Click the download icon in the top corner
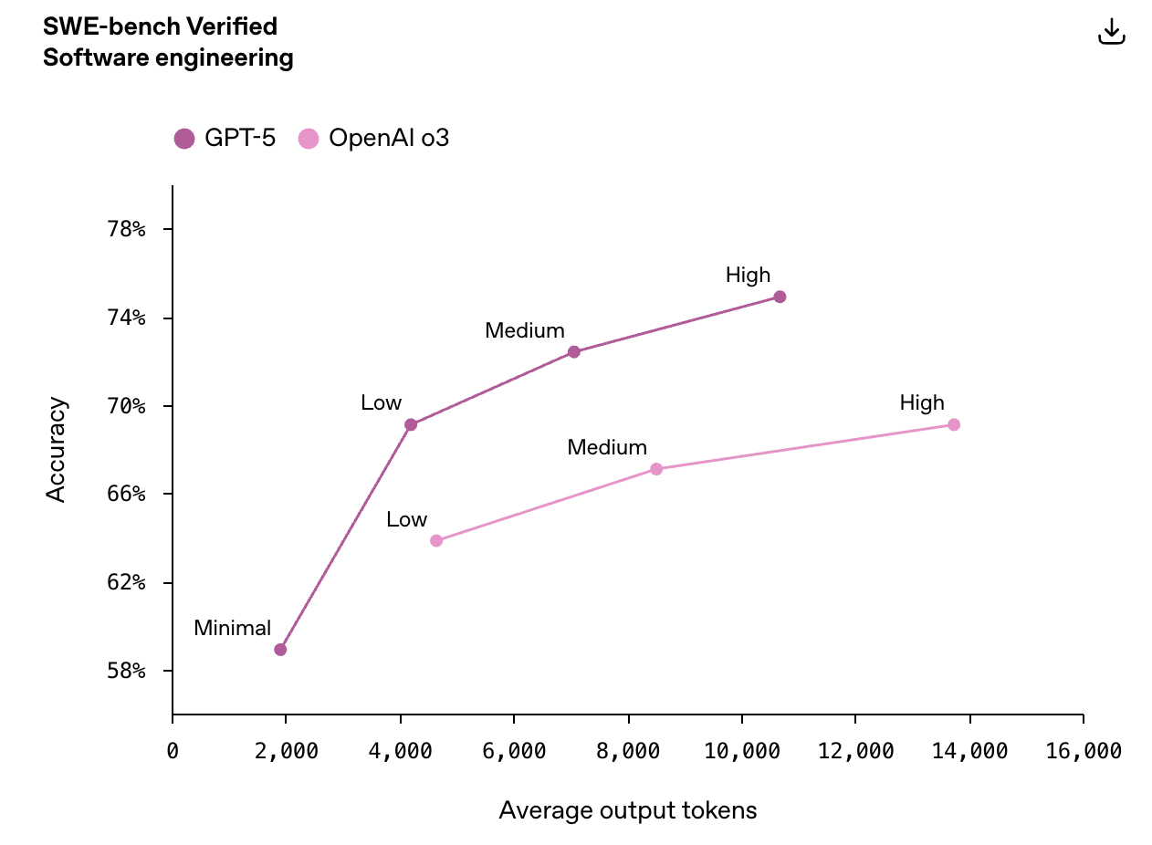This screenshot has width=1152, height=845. coord(1111,32)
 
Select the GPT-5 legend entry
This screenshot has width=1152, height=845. coord(225,139)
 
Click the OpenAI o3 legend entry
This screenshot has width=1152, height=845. coord(374,139)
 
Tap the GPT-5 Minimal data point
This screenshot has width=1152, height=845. coord(280,650)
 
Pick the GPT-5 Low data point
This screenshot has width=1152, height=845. coord(411,424)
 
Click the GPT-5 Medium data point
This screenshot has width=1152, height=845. coord(573,352)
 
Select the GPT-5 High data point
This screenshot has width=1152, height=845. coord(780,297)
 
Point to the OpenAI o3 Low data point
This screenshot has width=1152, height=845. coord(436,540)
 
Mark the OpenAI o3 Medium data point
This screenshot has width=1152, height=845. coord(656,469)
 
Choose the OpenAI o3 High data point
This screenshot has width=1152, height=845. coord(954,424)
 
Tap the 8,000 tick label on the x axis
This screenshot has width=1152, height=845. coord(628,751)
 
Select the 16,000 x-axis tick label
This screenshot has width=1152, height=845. coord(1083,751)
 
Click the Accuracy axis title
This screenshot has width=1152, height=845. coord(57,449)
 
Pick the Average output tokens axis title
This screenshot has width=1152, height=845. coord(628,810)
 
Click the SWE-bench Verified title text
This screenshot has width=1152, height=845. coord(160,26)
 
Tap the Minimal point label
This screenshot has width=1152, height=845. coord(232,628)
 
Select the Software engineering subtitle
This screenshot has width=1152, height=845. coord(168,58)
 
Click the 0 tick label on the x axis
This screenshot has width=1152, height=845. coord(173,751)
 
